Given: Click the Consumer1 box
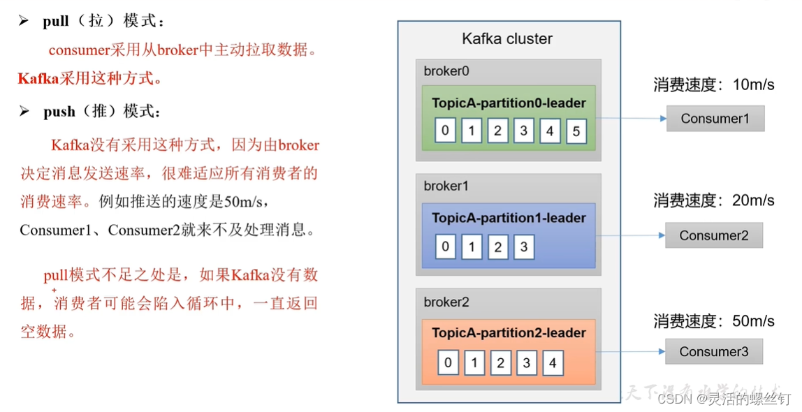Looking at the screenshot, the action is [x=715, y=119].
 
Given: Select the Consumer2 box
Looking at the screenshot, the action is [x=713, y=235].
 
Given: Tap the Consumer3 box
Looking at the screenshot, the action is [x=713, y=351].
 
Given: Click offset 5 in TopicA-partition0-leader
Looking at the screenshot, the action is [x=576, y=131].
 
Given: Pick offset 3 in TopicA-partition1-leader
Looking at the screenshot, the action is [x=524, y=247].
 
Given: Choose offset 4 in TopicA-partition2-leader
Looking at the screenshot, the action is [x=553, y=363].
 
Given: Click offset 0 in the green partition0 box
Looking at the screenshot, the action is [x=445, y=131].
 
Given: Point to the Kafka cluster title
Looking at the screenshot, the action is [x=507, y=39].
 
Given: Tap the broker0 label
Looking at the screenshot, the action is [x=446, y=71].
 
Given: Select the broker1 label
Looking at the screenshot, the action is [x=446, y=186].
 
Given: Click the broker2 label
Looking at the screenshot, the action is [x=446, y=302].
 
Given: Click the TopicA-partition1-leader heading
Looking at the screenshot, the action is [x=509, y=218].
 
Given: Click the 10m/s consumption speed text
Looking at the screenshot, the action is [x=752, y=85].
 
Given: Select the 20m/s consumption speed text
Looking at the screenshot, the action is [x=752, y=201].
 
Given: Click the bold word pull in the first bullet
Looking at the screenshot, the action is [x=56, y=21].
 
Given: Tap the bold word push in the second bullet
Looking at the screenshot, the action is [x=59, y=112].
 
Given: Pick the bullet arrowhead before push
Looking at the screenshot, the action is [x=24, y=112].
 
